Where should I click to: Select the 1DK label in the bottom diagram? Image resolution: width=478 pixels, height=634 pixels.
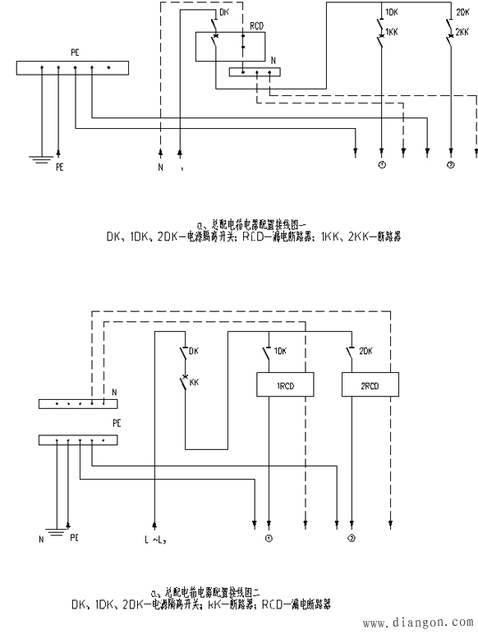pyautogui.click(x=280, y=351)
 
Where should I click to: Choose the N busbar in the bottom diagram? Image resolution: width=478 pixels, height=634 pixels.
pyautogui.click(x=73, y=403)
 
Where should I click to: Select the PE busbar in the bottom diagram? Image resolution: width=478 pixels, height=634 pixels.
pyautogui.click(x=73, y=440)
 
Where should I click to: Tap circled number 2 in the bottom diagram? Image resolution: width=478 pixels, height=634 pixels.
pyautogui.click(x=352, y=540)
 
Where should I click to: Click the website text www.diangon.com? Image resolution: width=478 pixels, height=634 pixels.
pyautogui.click(x=419, y=621)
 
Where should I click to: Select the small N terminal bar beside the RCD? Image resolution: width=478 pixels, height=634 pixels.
pyautogui.click(x=254, y=72)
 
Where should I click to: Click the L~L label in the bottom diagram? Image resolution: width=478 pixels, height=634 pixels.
pyautogui.click(x=155, y=540)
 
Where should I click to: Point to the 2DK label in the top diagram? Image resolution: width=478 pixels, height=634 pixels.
pyautogui.click(x=462, y=12)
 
